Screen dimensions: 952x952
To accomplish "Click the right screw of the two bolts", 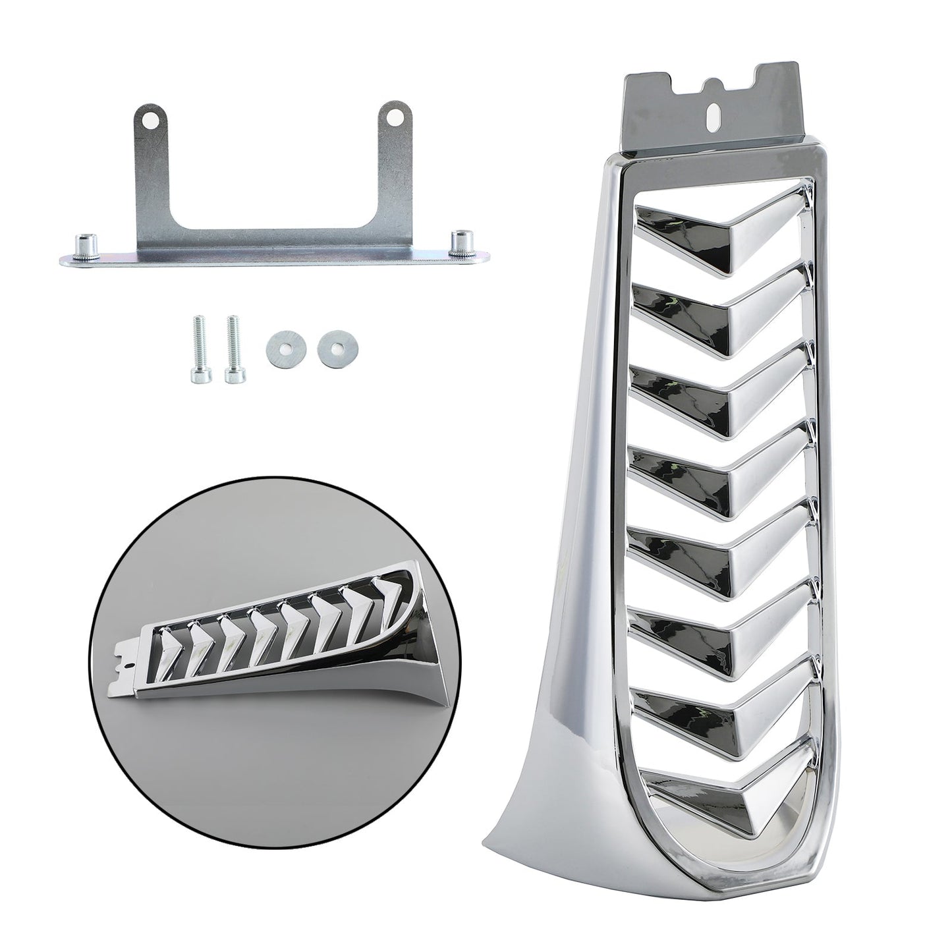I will coord(231,350).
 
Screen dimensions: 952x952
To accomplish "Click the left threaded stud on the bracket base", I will coord(87,244).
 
